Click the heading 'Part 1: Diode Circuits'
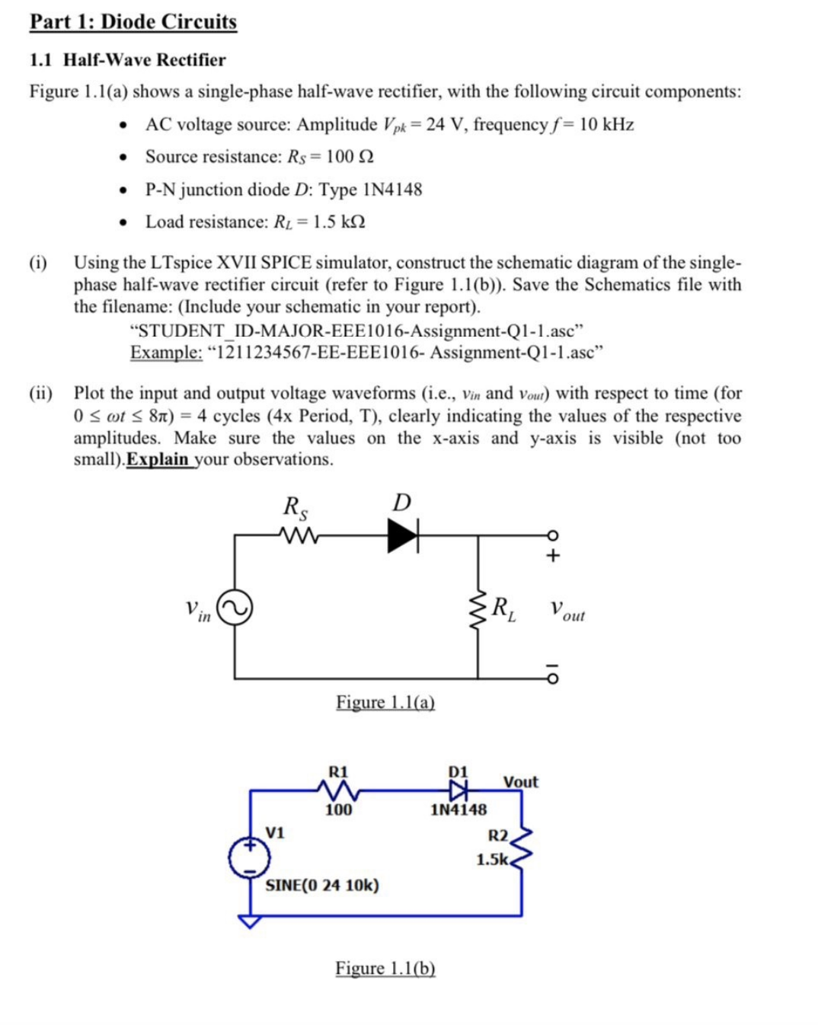click(x=133, y=21)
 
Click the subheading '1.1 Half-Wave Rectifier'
click(x=127, y=59)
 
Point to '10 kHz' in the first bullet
click(x=606, y=124)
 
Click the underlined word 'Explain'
click(x=157, y=459)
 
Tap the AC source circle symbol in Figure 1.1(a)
click(x=235, y=608)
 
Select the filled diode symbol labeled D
click(x=403, y=535)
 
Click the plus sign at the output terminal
click(x=553, y=555)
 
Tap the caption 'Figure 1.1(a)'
click(x=385, y=702)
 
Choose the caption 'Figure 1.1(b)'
click(x=385, y=968)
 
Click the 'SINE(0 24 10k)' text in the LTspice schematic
click(x=321, y=885)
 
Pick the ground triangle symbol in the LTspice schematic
click(x=249, y=921)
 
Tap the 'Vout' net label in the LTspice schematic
click(x=520, y=782)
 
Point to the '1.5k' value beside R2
click(x=492, y=859)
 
